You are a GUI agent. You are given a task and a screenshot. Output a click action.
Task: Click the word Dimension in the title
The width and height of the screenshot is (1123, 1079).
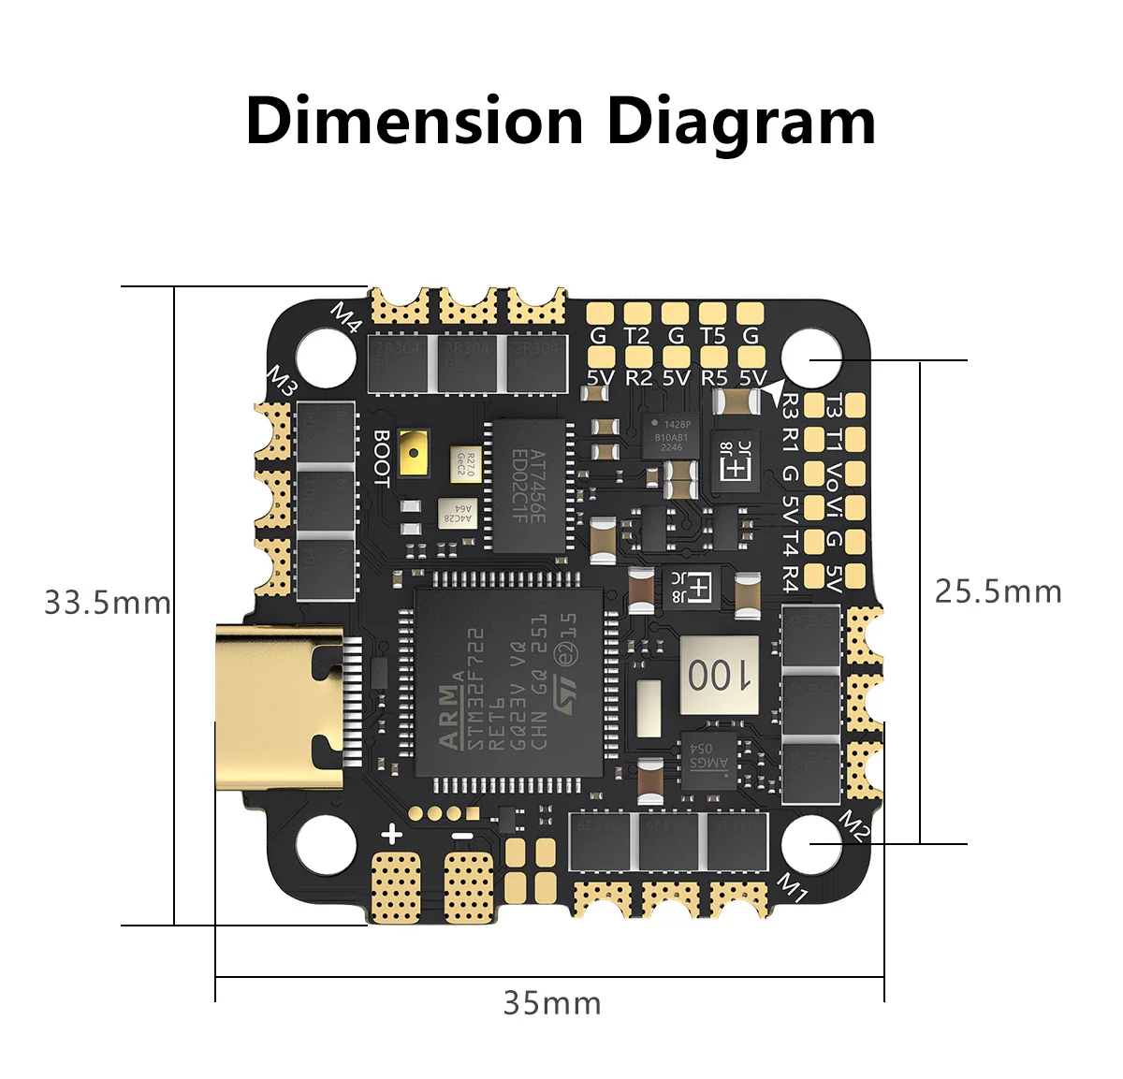pos(414,122)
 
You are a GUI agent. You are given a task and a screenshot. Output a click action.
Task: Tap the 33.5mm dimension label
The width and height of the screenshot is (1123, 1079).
pos(108,602)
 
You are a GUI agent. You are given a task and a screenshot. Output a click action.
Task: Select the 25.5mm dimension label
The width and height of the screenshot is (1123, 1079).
pos(998,591)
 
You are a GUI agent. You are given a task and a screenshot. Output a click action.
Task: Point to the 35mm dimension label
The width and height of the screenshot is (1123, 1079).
pos(552,1003)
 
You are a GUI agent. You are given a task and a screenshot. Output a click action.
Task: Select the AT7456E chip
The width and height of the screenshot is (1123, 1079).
pos(529,485)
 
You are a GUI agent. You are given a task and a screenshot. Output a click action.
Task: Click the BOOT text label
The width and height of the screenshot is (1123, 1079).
pos(382,458)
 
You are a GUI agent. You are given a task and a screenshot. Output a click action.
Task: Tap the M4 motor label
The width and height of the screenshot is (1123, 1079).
pos(346,317)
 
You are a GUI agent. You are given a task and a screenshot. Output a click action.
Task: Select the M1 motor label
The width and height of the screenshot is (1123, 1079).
pos(794,887)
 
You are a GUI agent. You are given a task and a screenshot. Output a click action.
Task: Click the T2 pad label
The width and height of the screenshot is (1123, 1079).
pos(636,335)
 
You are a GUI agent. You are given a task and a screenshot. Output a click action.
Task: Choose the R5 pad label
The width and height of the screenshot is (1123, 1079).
pos(713,377)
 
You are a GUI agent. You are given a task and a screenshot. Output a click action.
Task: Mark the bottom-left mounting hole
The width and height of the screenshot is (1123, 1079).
pos(326,839)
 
